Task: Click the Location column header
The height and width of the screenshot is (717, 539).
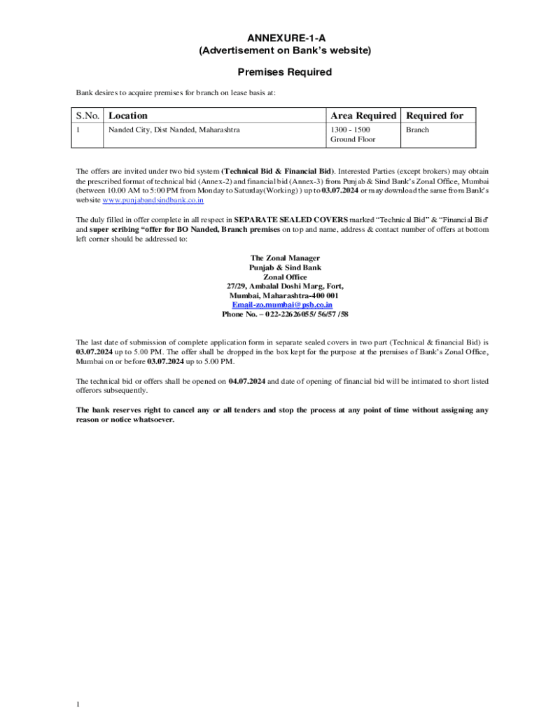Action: tap(128, 116)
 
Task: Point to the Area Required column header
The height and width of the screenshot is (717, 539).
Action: tap(363, 116)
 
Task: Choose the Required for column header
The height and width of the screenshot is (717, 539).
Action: tap(435, 116)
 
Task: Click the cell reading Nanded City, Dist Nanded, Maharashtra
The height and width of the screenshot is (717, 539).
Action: tap(174, 130)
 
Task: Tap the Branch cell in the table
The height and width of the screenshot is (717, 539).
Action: tap(418, 130)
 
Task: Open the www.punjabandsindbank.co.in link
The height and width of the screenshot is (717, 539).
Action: tap(153, 200)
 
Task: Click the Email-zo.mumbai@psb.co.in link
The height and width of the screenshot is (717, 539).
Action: tap(283, 305)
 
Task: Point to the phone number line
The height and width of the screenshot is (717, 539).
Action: tap(285, 314)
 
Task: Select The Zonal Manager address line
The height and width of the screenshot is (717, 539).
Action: tap(285, 258)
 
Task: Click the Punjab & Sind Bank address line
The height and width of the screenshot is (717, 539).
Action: tap(285, 267)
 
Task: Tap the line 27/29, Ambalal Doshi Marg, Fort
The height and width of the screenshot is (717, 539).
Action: tap(285, 286)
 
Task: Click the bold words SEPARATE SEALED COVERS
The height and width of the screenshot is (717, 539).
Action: tap(290, 220)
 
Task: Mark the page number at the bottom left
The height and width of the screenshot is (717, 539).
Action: tap(79, 704)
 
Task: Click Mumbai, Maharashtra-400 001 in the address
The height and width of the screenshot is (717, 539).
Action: tap(284, 295)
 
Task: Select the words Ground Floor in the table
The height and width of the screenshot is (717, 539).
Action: tap(353, 139)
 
